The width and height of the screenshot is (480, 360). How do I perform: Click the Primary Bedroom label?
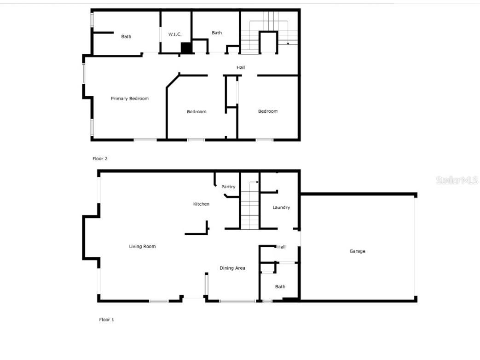129,99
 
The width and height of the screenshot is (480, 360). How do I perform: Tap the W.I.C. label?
175,34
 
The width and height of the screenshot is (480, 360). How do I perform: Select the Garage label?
357,251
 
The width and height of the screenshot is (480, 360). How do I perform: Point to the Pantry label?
228,187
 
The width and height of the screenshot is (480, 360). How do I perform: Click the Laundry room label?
281,208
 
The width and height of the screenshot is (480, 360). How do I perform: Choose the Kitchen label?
201,204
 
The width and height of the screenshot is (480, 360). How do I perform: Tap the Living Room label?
142,247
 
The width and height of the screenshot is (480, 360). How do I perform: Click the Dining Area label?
232,268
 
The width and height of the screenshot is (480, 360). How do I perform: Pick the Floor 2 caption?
100,159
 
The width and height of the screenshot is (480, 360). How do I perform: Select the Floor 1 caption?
106,319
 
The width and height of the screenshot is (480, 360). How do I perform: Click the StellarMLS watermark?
457,180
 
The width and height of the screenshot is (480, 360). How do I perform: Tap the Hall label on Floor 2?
241,68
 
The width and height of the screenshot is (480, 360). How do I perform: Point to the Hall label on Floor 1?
281,247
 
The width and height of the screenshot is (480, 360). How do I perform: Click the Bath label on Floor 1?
280,287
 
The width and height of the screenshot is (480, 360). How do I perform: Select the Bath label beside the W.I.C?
217,33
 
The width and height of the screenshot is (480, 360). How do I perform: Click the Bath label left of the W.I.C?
126,37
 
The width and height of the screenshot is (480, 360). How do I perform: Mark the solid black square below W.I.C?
186,48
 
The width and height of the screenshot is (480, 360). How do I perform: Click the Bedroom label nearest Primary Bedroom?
197,112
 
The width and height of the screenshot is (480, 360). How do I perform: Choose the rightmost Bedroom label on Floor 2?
268,111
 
